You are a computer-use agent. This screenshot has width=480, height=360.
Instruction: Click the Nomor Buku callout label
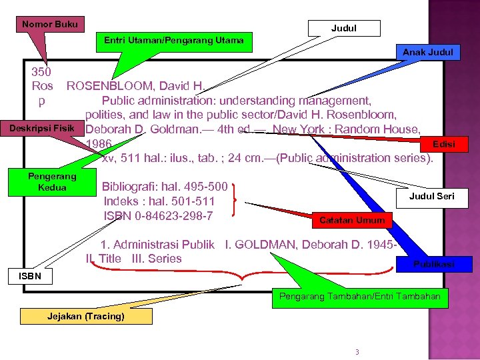(50, 25)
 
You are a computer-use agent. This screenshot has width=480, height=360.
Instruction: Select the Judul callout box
(344, 28)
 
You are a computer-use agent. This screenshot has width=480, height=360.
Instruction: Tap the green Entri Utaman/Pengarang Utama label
(174, 41)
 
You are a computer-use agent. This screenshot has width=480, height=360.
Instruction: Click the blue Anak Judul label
(427, 52)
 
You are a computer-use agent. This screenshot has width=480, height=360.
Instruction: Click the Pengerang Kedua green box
(52, 182)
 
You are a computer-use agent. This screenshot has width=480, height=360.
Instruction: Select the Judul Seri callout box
(431, 197)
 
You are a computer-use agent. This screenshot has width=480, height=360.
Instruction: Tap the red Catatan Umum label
(351, 220)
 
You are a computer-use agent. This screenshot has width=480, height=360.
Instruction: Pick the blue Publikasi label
(433, 264)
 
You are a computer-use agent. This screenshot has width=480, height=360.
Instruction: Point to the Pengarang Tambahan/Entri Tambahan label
(359, 295)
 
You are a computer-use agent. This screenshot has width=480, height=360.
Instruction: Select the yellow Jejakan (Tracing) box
(86, 316)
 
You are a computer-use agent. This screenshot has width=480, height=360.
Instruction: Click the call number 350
(41, 71)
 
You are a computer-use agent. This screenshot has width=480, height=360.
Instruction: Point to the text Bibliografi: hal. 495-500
(165, 186)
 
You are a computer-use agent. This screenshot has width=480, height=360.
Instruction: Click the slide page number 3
(357, 351)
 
